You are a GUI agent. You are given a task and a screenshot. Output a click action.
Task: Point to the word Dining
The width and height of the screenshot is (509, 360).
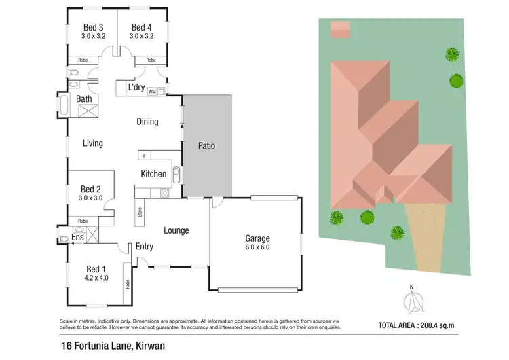coord(147,122)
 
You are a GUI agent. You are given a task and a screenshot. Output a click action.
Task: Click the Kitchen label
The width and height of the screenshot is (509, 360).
coord(153,174)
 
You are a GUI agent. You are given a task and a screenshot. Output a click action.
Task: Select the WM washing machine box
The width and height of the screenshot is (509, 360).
coord(152,91)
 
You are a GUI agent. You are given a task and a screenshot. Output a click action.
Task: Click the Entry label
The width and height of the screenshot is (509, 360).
coord(145,247)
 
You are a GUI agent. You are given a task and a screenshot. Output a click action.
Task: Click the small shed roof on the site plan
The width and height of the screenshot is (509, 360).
coord(340,29)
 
